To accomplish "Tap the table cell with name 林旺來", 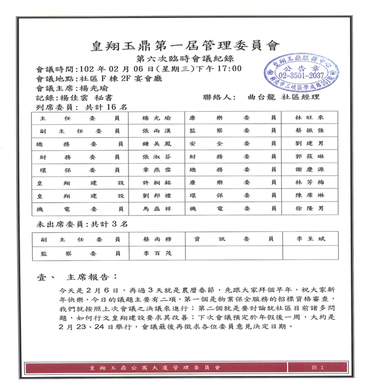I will tap(309, 119).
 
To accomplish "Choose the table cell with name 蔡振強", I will tap(309, 131).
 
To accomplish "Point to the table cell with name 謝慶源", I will tap(309, 169).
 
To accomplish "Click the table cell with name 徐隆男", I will tap(309, 208).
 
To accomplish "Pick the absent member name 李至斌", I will tap(309, 239).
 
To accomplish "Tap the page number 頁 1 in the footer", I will tap(317, 368).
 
